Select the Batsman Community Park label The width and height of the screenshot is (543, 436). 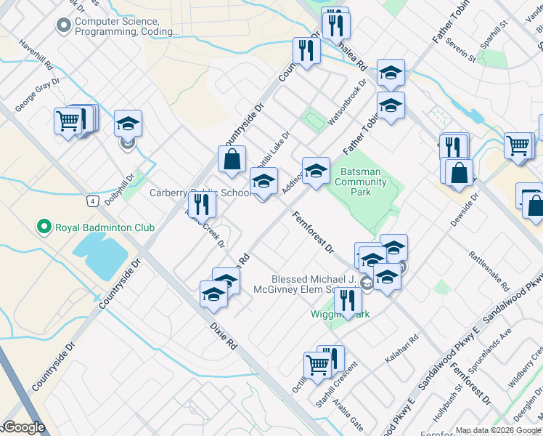pos(361,182)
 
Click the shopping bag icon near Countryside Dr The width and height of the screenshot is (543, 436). pos(232,160)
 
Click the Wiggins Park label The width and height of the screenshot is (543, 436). pos(342,314)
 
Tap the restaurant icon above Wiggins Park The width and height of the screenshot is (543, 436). pos(348,300)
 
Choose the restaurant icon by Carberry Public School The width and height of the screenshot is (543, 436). pos(202,205)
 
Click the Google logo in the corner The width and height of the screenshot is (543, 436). pos(23,427)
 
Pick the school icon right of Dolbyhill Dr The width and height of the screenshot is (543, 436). pos(128,124)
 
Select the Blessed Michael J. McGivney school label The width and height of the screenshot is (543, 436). pos(313,283)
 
